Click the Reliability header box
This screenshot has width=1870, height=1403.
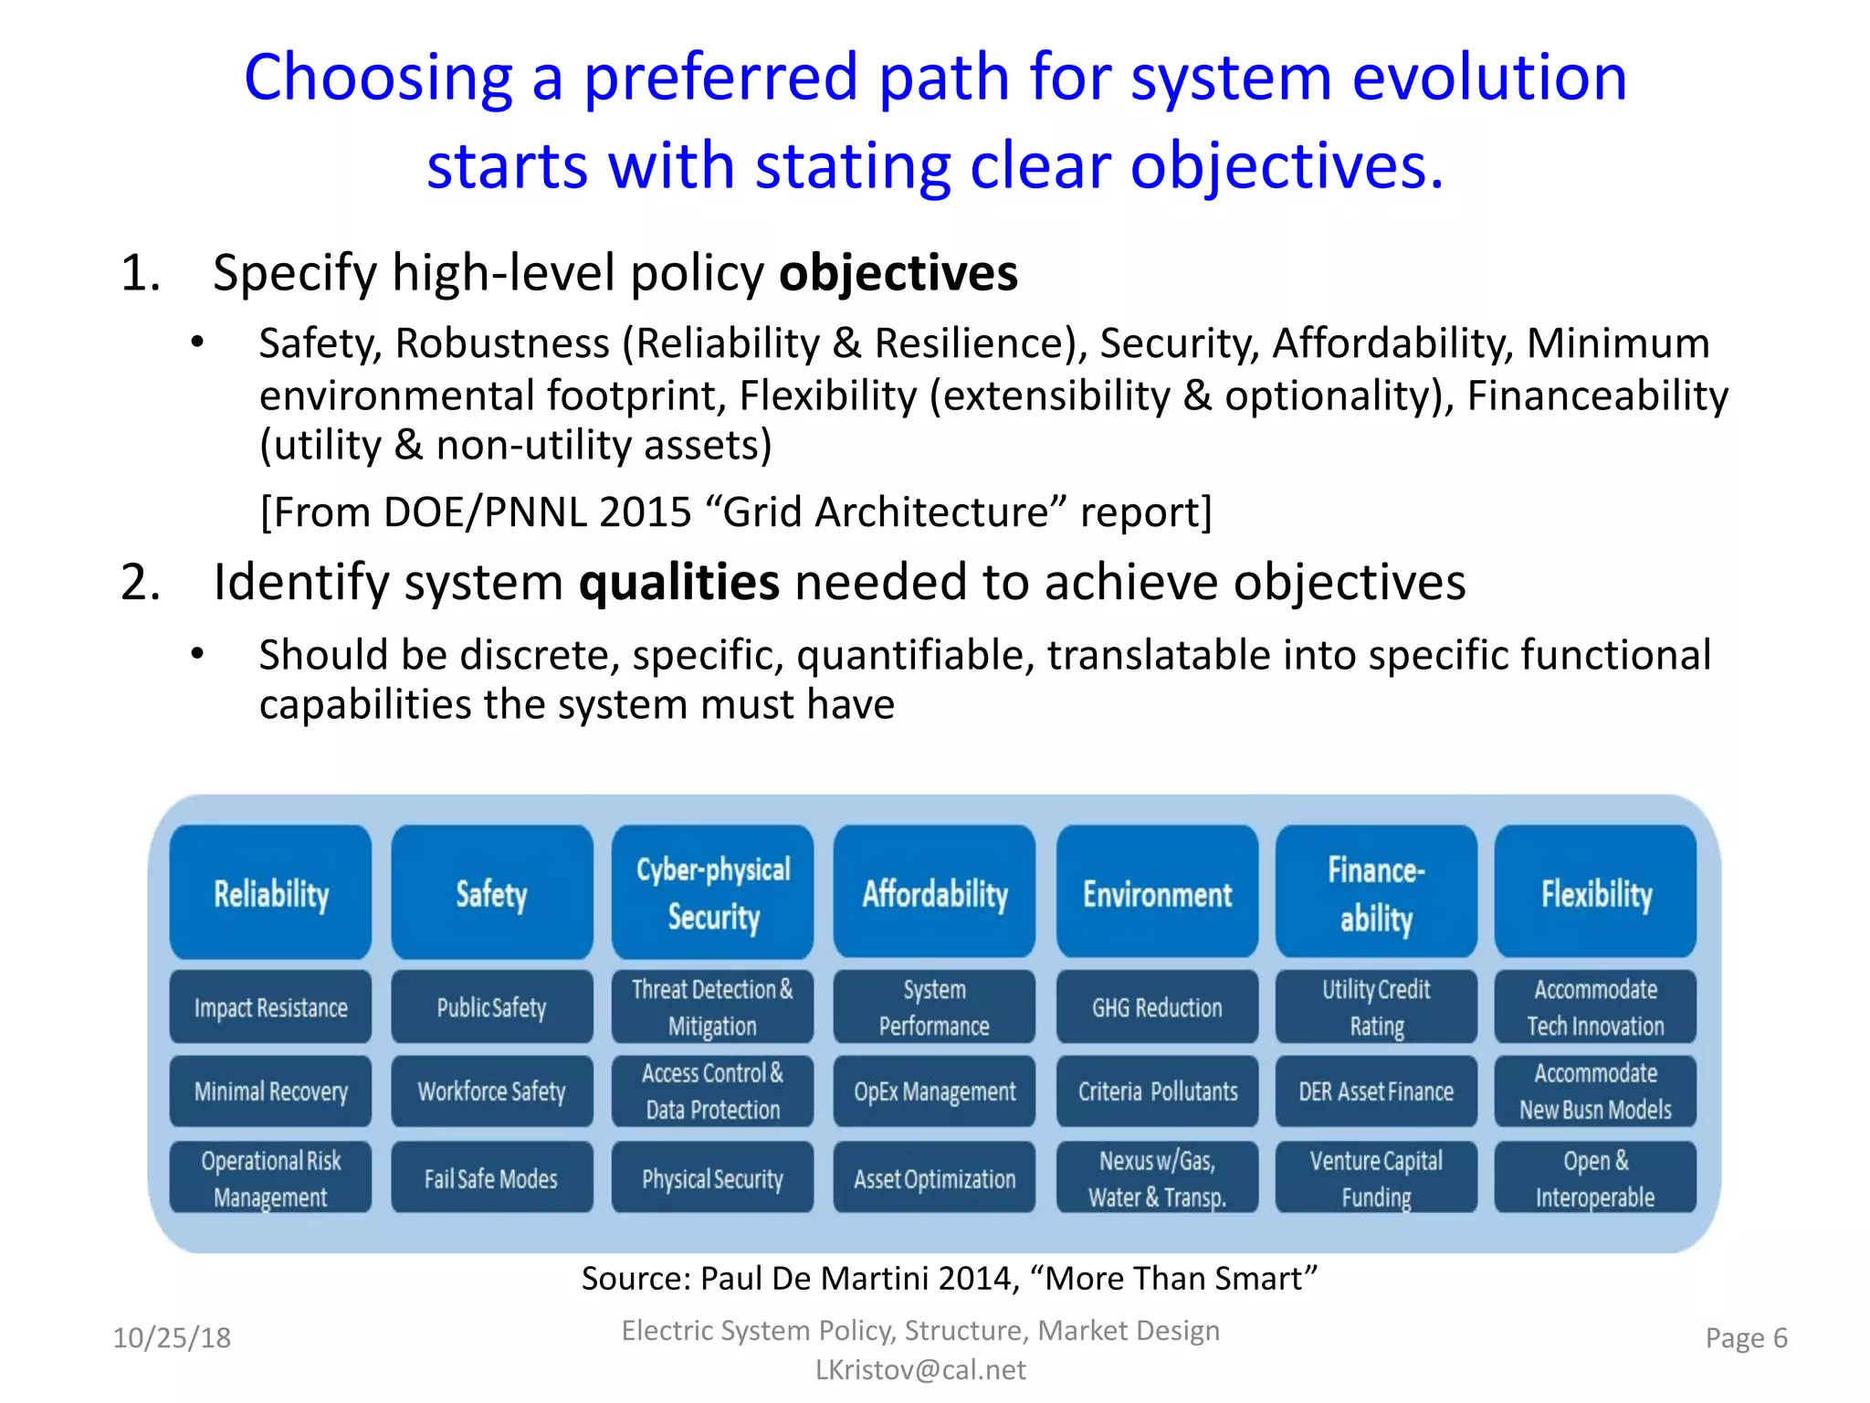click(270, 892)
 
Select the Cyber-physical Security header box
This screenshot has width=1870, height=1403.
click(712, 892)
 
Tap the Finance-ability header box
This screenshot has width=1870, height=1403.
click(1376, 892)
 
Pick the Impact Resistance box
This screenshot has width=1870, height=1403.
click(270, 1007)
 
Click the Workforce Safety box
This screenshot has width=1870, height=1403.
click(491, 1092)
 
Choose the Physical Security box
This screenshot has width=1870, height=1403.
click(712, 1178)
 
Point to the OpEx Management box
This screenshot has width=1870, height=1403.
click(934, 1092)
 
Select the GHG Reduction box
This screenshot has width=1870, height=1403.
click(1157, 1007)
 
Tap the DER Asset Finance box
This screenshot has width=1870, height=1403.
click(1376, 1092)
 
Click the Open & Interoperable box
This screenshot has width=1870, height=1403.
click(1595, 1178)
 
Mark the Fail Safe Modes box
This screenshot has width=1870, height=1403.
click(491, 1178)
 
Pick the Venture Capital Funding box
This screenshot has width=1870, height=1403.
click(1376, 1178)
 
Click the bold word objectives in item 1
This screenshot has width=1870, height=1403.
click(898, 273)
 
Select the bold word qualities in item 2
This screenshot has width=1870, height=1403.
click(678, 582)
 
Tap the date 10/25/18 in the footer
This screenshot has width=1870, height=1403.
click(172, 1338)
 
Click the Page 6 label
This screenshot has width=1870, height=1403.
click(1746, 1338)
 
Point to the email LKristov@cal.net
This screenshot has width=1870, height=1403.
click(920, 1369)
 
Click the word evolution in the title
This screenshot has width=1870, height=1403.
click(1488, 78)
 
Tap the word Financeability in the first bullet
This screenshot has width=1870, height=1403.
click(1597, 396)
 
